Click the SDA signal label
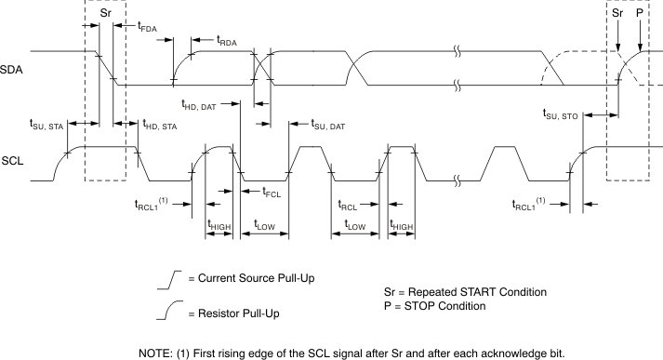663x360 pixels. pyautogui.click(x=12, y=70)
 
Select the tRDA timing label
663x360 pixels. pyautogui.click(x=226, y=41)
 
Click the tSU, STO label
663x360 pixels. pyautogui.click(x=560, y=114)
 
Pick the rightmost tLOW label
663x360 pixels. pyautogui.click(x=354, y=224)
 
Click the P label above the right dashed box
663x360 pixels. pyautogui.click(x=640, y=15)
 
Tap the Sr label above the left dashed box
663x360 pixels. pyautogui.click(x=105, y=15)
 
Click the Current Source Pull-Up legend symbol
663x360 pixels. pyautogui.click(x=168, y=278)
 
